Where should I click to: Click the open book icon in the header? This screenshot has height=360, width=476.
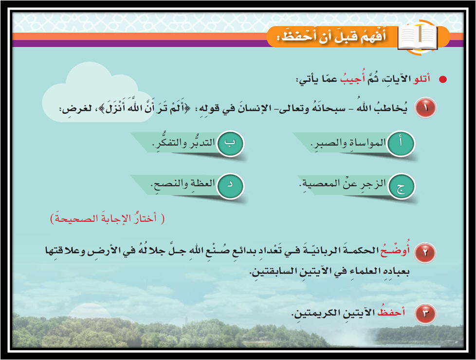click(418, 37)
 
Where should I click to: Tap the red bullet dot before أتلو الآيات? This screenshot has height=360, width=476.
click(443, 79)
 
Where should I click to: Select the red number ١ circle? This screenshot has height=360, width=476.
click(425, 108)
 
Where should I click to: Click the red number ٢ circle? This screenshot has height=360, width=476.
click(425, 252)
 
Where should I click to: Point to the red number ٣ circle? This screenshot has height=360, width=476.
click(425, 313)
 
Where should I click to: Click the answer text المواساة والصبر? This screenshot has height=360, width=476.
click(348, 143)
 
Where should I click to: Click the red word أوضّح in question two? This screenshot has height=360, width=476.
click(395, 251)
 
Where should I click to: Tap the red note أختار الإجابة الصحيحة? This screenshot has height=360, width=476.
click(108, 218)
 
